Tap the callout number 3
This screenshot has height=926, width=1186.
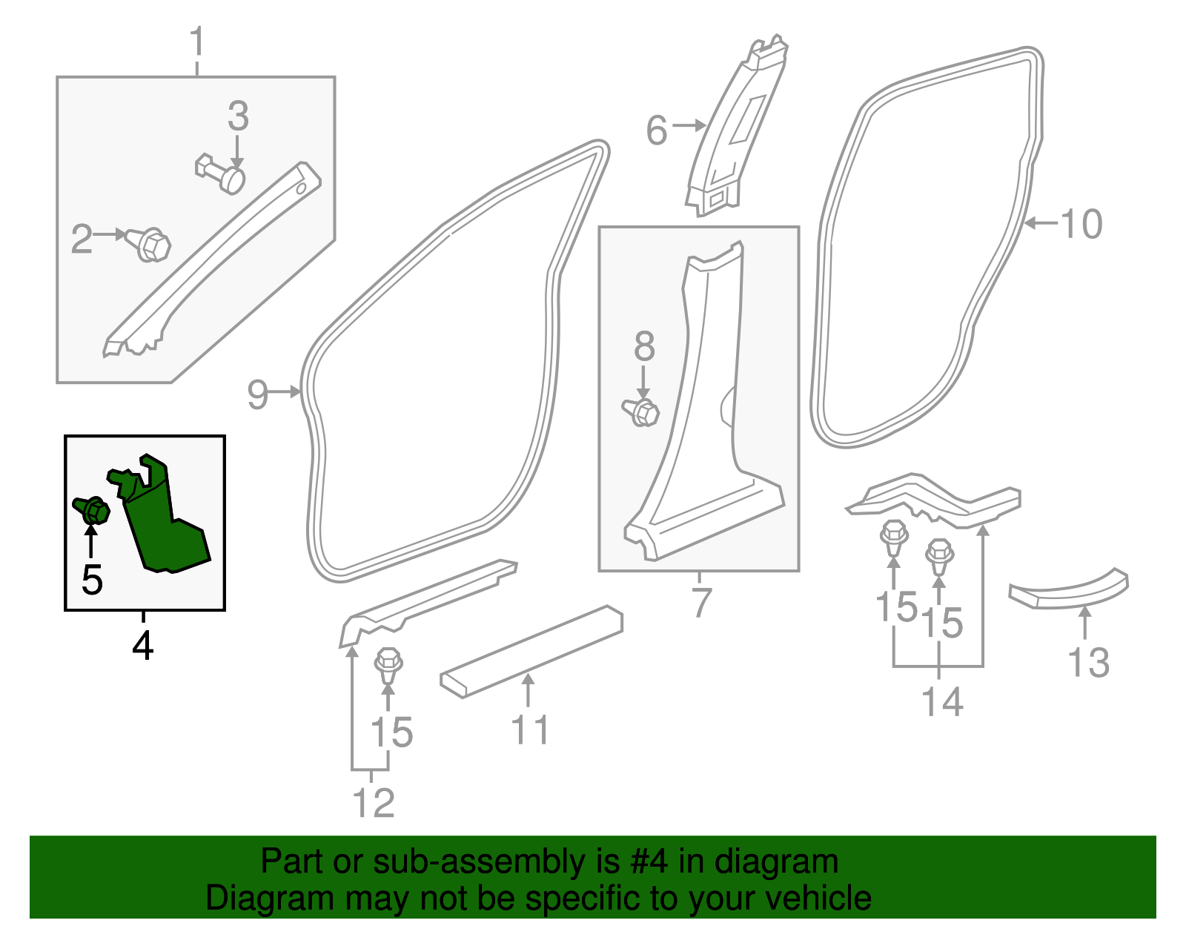238,116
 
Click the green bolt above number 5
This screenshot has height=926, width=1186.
93,509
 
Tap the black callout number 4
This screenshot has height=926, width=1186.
142,645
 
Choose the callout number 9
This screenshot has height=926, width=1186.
257,394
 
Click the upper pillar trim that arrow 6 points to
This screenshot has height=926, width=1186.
734,133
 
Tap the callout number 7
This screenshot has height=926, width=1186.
701,602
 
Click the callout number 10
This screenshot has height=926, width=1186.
1081,224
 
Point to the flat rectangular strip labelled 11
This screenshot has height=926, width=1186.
531,651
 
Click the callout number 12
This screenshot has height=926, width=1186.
373,803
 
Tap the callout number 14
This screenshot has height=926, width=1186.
942,701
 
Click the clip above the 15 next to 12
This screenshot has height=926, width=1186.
389,665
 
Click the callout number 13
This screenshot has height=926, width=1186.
1088,663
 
